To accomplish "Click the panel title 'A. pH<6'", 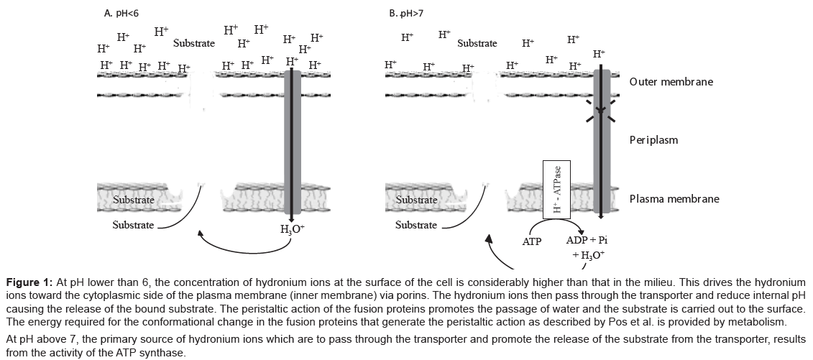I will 120,13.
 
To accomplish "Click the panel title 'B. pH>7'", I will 405,13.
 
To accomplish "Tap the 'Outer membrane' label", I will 671,82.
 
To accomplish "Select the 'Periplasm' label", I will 653,140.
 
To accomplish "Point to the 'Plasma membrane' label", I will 674,199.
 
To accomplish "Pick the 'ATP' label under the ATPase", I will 531,242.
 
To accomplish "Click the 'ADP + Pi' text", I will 586,239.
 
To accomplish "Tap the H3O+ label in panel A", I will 293,231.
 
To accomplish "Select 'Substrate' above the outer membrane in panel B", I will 477,43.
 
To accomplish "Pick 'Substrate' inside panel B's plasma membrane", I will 416,200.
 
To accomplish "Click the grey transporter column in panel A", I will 293,144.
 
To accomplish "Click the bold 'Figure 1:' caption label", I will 29,281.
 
